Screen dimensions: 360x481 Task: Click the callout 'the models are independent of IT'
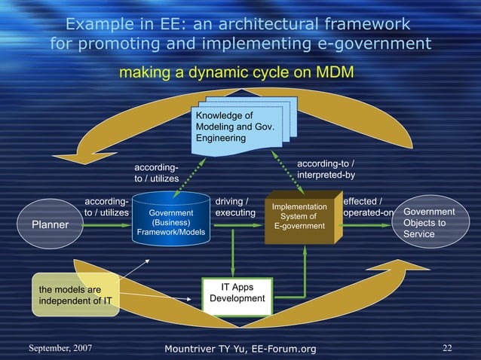pyautogui.click(x=75, y=295)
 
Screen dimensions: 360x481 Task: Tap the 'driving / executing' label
pyautogui.click(x=235, y=208)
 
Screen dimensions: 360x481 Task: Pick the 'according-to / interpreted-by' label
pyautogui.click(x=326, y=169)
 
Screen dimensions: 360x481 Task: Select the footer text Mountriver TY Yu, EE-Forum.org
pyautogui.click(x=240, y=348)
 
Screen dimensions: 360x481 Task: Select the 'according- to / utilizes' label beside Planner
pyautogui.click(x=106, y=208)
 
